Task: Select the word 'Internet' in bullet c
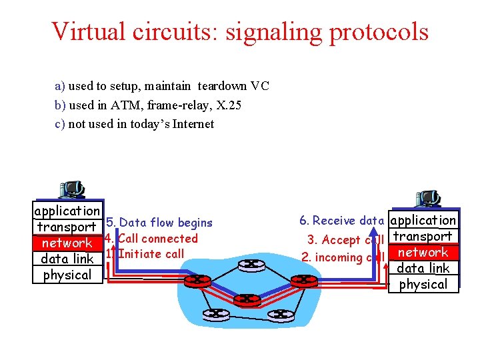[x=193, y=124]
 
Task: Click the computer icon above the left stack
[x=71, y=190]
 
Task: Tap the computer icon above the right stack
[x=427, y=198]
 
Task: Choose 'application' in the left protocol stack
[x=67, y=211]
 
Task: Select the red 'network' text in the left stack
[x=67, y=243]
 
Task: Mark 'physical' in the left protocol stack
[x=67, y=275]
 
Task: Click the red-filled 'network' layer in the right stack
[x=423, y=252]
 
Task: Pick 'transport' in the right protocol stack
[x=423, y=236]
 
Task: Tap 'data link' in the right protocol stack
[x=423, y=268]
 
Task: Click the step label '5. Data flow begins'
[x=159, y=223]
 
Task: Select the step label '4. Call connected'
[x=152, y=238]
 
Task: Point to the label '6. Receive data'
[x=342, y=221]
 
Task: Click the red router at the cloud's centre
[x=247, y=300]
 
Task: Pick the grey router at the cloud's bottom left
[x=215, y=313]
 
